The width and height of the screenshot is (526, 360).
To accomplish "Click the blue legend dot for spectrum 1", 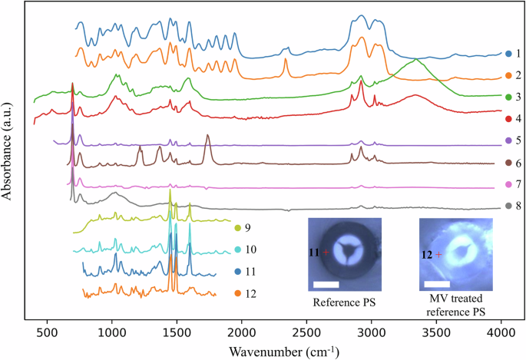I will (x=508, y=54).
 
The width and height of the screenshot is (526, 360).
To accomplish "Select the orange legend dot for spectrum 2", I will (x=508, y=75).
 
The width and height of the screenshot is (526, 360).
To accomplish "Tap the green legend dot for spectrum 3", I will (x=508, y=97).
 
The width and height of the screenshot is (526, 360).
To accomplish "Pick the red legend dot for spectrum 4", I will (x=508, y=119).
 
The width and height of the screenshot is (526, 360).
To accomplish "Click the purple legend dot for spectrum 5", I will (x=508, y=140).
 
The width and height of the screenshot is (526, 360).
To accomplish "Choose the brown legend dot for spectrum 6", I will (x=508, y=163).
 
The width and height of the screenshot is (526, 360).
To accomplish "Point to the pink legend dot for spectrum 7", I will (x=508, y=184).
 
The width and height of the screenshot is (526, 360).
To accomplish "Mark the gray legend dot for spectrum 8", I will (x=508, y=206).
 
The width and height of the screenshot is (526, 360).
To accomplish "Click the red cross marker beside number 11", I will (x=326, y=252).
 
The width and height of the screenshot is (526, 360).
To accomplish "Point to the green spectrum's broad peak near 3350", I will (x=415, y=59).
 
